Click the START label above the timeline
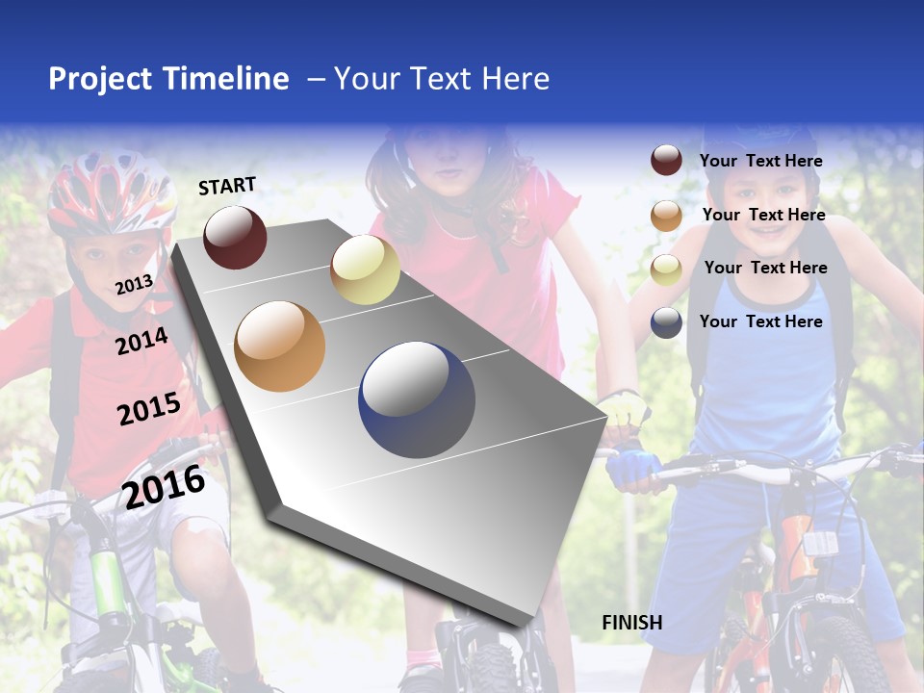[x=227, y=186]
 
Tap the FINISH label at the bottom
[x=631, y=623]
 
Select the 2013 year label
[x=134, y=284]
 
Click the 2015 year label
[x=148, y=409]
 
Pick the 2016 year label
[x=164, y=486]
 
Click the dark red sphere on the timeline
[x=235, y=237]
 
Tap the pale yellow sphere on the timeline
[x=365, y=269]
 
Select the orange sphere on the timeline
[x=279, y=346]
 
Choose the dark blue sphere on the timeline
[x=417, y=400]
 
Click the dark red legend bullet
[x=666, y=161]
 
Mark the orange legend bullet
[x=666, y=216]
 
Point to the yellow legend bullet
[x=666, y=269]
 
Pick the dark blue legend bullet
[x=666, y=322]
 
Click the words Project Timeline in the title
[x=168, y=79]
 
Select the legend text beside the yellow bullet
[x=765, y=268]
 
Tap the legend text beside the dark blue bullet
[x=760, y=321]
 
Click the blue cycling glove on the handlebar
[x=632, y=466]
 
